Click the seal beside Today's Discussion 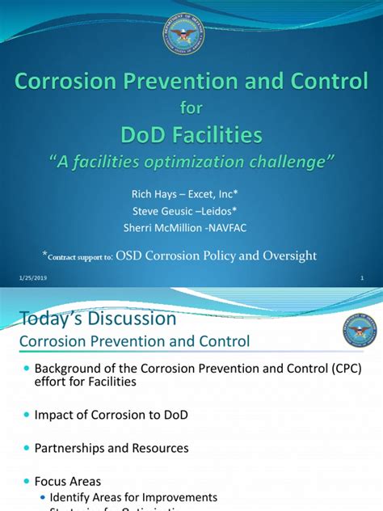click(x=359, y=332)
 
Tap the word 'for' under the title click(x=191, y=107)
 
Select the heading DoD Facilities click(x=191, y=133)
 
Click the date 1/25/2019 click(x=29, y=279)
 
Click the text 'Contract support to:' click(x=79, y=256)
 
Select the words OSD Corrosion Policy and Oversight click(x=217, y=255)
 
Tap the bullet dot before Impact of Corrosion click(x=26, y=414)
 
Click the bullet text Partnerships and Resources click(x=112, y=447)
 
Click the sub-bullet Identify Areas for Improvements click(x=133, y=496)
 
